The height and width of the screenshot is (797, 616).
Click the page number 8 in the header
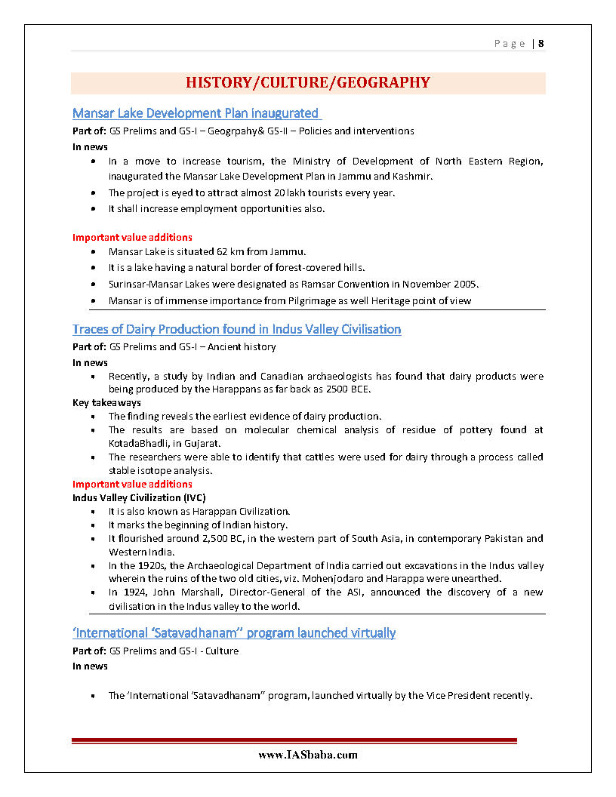(x=541, y=43)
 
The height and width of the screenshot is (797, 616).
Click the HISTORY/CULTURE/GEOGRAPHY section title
(x=308, y=82)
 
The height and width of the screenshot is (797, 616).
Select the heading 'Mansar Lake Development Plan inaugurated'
(x=196, y=113)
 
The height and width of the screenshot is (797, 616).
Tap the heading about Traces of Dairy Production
(x=236, y=329)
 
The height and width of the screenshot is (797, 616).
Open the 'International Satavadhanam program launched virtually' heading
(x=234, y=632)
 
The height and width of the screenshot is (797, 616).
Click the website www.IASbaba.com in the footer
(x=308, y=754)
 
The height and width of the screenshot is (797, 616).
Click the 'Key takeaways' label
(x=106, y=403)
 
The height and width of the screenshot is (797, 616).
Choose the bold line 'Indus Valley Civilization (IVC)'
(x=139, y=497)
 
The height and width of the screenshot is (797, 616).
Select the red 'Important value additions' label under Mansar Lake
(x=132, y=237)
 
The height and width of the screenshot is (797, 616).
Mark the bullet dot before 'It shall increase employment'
(x=92, y=209)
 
